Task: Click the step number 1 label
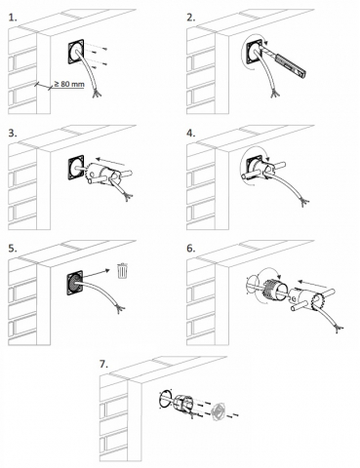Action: (13, 18)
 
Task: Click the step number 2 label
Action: (191, 18)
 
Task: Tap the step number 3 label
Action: (13, 134)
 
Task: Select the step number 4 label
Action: (191, 134)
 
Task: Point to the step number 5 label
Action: (13, 249)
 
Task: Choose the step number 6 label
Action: (191, 249)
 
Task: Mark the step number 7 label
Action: (103, 365)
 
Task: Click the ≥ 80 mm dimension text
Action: (69, 84)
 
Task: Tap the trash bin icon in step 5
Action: (122, 271)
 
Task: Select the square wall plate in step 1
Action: (76, 53)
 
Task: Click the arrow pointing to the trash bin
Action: (97, 273)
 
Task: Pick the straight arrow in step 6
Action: (313, 284)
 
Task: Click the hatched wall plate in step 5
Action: (75, 284)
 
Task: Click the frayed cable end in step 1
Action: (97, 94)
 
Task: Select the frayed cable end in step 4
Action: (304, 203)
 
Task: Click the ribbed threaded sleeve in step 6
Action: (275, 287)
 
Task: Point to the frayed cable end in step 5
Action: (121, 309)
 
